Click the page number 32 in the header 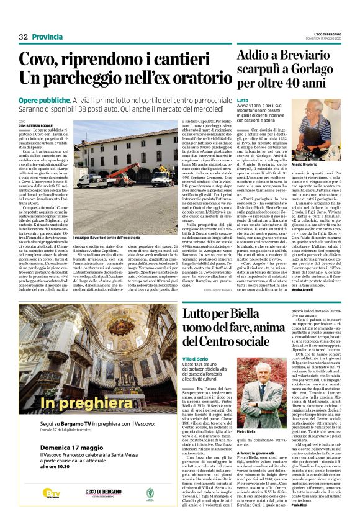click(x=24, y=37)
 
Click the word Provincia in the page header click(x=47, y=37)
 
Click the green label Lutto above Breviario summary click(x=242, y=100)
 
